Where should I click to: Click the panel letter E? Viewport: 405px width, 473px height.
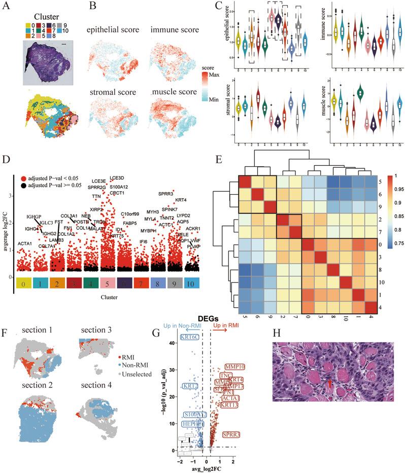(218, 161)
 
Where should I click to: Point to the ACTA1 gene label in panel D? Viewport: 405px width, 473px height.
(26, 244)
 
